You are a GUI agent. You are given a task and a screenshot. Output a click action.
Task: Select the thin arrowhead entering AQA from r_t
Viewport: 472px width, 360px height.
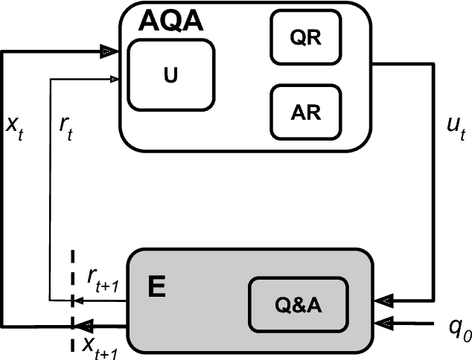click(114, 77)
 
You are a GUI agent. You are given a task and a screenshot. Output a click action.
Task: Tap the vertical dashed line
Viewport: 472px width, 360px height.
click(72, 298)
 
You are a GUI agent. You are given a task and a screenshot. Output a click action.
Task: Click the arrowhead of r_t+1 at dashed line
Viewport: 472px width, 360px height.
click(77, 301)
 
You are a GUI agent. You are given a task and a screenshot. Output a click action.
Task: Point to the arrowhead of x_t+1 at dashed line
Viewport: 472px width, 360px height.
click(83, 325)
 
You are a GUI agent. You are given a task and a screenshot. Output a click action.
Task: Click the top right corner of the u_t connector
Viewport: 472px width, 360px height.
click(433, 64)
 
